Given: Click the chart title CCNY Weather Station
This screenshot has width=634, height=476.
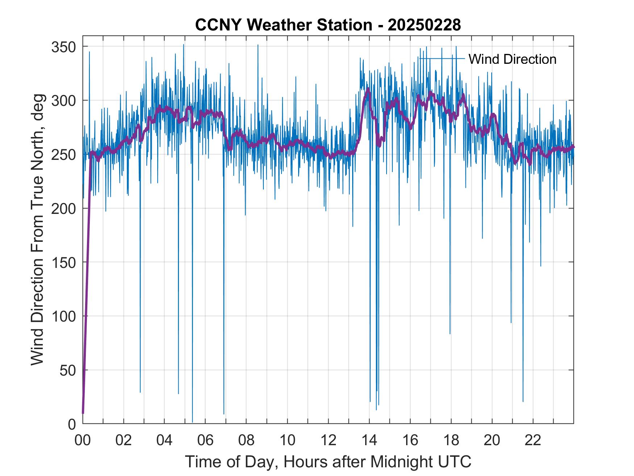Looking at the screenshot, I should click(x=328, y=25).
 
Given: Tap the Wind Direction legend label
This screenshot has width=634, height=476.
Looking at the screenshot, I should click(x=512, y=59).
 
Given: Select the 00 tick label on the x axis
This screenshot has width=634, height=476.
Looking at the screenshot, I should click(x=83, y=440).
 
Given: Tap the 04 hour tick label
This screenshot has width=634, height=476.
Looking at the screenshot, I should click(x=164, y=440).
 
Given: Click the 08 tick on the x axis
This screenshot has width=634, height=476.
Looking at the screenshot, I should click(x=246, y=440).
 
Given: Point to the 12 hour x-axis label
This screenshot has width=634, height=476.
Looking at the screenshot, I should click(x=328, y=440).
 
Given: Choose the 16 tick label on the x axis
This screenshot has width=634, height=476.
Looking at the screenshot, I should click(x=410, y=440).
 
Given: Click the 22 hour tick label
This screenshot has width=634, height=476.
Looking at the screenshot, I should click(x=533, y=440).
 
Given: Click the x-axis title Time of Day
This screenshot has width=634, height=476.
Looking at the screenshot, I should click(x=328, y=462).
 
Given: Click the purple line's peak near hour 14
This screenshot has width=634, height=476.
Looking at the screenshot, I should click(x=368, y=89).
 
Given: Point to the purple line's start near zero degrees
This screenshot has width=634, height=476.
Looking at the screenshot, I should click(x=83, y=413).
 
